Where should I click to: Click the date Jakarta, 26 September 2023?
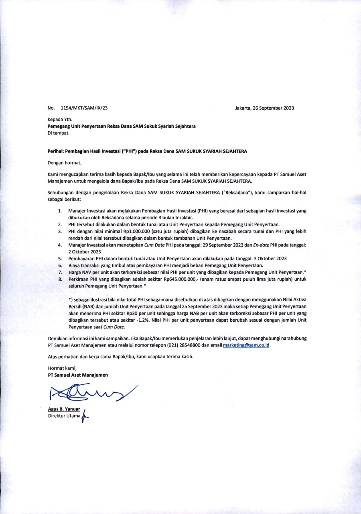[265, 108]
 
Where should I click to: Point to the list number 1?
[59, 211]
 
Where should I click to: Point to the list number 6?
[59, 265]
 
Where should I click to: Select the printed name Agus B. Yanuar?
[64, 409]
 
